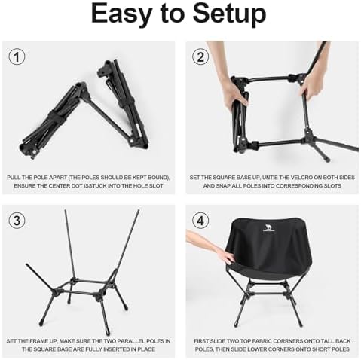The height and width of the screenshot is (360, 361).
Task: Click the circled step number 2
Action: (x=200, y=56)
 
